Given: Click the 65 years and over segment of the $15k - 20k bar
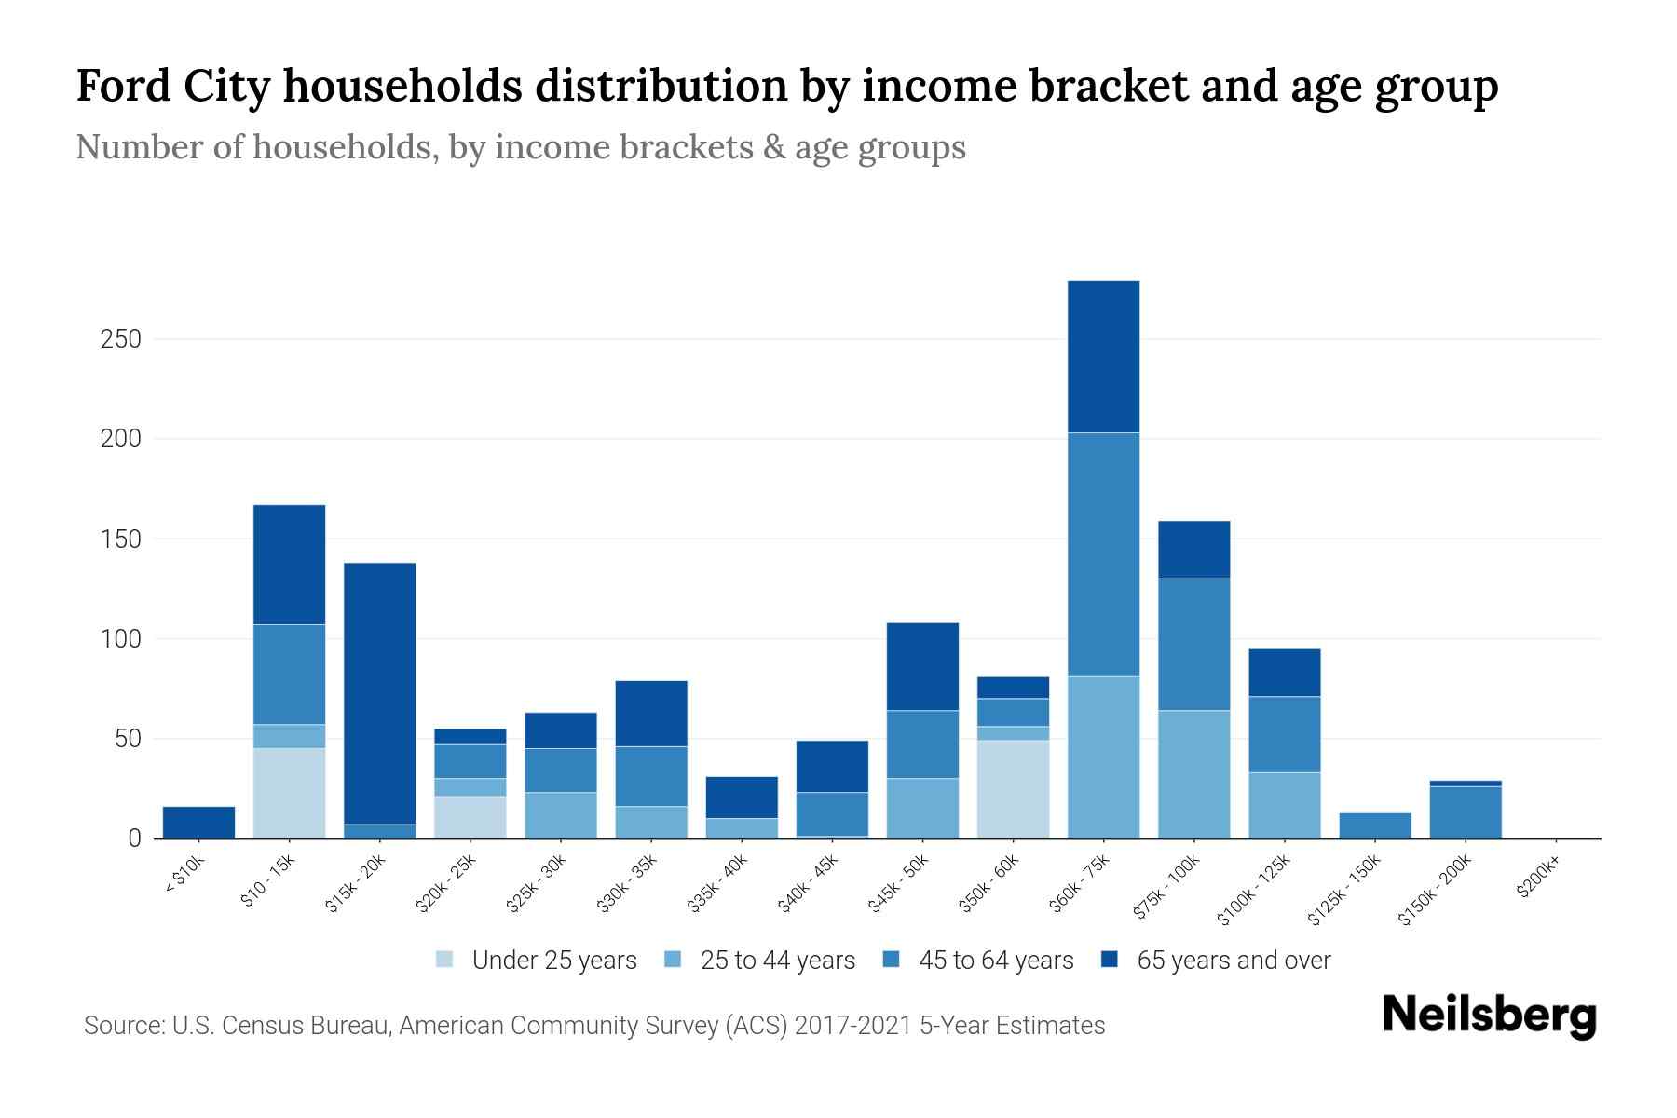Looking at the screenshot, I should tap(379, 693).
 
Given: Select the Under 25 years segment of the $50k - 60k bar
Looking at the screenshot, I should tap(1013, 789).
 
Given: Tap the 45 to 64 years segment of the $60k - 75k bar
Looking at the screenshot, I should tap(1103, 554).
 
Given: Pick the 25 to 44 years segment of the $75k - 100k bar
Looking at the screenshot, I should tap(1193, 774).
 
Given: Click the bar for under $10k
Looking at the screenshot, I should tap(198, 823).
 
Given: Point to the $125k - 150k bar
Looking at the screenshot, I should tap(1374, 825).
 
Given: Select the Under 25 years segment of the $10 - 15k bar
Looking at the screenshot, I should tap(289, 793).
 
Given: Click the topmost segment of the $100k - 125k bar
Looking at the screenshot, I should tap(1284, 673).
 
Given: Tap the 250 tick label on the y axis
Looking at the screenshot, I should tap(121, 339).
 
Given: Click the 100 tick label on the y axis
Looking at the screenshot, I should tap(121, 639).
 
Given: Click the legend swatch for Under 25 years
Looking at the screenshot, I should tap(445, 960).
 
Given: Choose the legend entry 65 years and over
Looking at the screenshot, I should tap(1233, 961).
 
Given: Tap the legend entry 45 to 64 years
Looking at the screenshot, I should tap(995, 961).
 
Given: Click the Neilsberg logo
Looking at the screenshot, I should tap(1489, 1015).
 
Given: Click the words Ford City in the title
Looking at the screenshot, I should tap(172, 86).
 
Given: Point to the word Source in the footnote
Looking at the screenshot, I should tap(122, 1026).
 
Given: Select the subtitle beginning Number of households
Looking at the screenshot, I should tap(520, 147).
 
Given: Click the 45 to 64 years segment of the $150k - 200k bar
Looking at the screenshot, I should tap(1465, 811).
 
